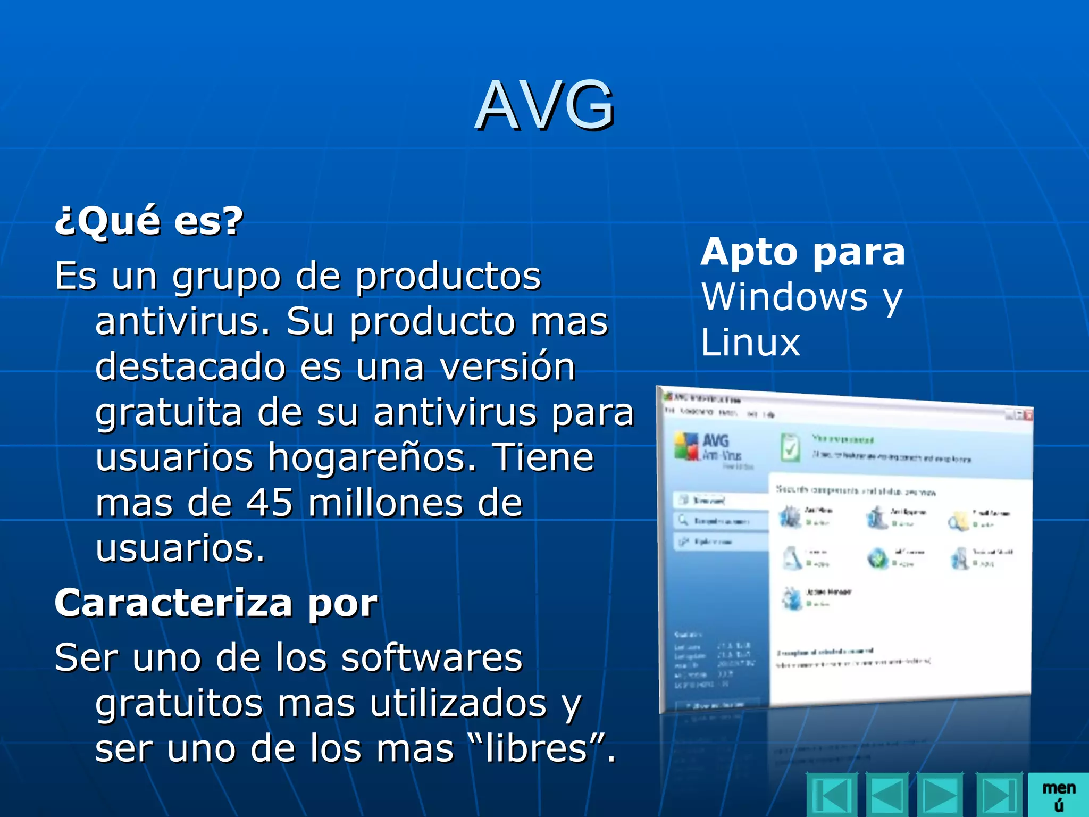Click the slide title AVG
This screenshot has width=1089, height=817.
pos(544,105)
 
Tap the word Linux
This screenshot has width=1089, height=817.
pos(750,342)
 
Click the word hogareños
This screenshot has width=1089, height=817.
pos(372,457)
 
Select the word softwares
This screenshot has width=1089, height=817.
pos(432,657)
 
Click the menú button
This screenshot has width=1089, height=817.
pos(1058,795)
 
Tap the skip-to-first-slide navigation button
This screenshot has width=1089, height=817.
pos(832,796)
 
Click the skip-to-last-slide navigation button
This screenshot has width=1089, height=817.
pos(999,796)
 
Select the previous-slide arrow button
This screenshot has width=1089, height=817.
pos(887,796)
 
